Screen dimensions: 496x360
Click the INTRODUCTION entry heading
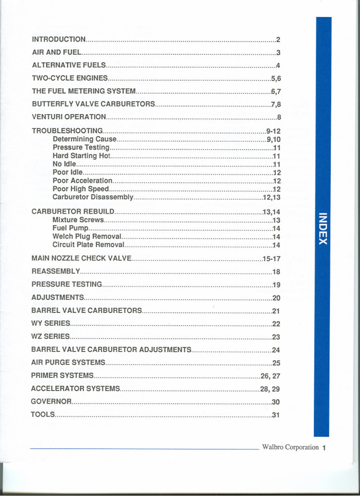tap(59, 39)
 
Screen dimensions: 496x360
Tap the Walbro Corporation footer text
tap(290, 447)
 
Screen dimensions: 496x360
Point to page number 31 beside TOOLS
tap(275, 415)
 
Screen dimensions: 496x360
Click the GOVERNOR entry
tap(51, 402)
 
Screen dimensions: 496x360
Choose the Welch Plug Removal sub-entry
tap(87, 236)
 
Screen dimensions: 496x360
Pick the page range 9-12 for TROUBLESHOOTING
tap(273, 131)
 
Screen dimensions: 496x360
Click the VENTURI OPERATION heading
tap(69, 116)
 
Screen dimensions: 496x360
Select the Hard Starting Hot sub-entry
tap(81, 156)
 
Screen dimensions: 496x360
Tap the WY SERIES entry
tap(50, 323)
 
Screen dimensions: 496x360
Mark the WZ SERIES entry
tap(50, 336)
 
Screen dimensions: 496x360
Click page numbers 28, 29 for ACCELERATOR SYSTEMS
tap(270, 389)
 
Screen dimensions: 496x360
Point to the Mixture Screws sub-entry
tap(78, 220)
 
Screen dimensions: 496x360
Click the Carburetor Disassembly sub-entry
tap(93, 197)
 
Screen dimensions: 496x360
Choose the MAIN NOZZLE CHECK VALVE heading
tap(81, 258)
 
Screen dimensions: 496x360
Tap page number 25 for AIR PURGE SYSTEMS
tap(276, 363)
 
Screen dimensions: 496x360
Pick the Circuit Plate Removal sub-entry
tap(88, 245)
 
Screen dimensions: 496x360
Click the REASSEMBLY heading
tap(56, 271)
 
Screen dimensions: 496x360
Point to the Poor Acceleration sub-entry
tap(82, 180)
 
